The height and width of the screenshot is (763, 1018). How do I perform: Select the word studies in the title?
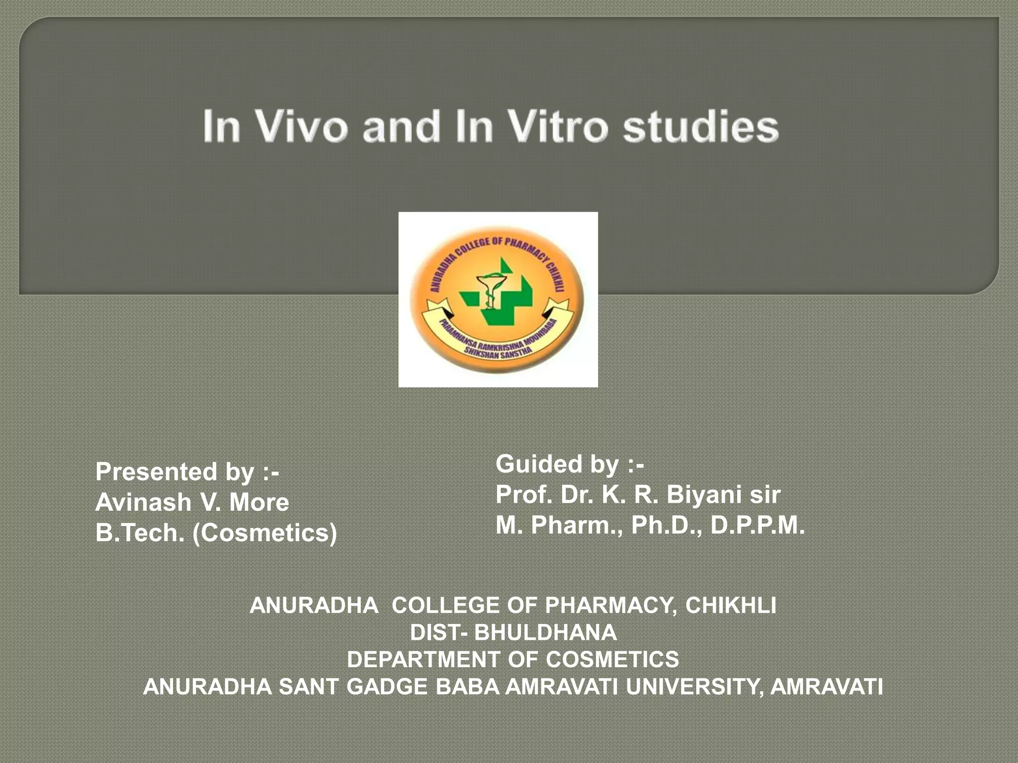point(700,127)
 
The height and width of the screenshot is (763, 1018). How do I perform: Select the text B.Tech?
point(140,533)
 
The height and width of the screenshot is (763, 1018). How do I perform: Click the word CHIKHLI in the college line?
point(730,605)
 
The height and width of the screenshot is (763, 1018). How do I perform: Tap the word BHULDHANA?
point(545,632)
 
